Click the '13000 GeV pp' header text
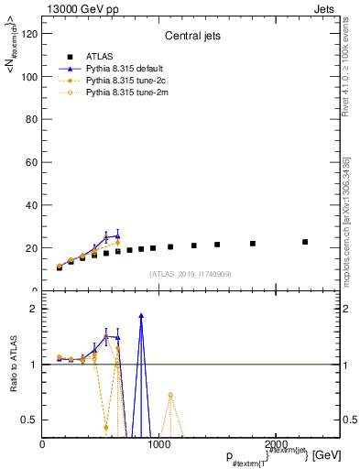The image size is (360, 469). click(x=75, y=7)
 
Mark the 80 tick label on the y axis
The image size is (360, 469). click(x=33, y=119)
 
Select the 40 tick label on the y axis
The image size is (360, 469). click(x=33, y=205)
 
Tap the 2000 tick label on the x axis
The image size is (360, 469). click(x=276, y=444)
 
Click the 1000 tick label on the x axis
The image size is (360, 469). click(x=159, y=444)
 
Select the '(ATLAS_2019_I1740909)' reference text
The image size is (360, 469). click(x=191, y=274)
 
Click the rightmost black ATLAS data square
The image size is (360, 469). click(x=305, y=242)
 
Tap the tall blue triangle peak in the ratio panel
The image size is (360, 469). click(x=141, y=315)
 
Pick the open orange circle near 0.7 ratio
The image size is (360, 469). click(x=170, y=395)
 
